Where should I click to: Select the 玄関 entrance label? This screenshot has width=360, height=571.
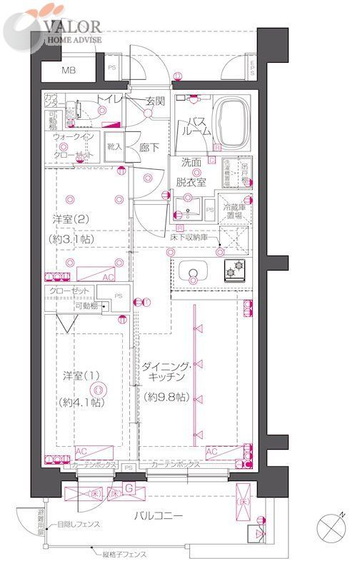156,101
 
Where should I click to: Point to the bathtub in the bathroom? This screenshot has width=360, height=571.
236,120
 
